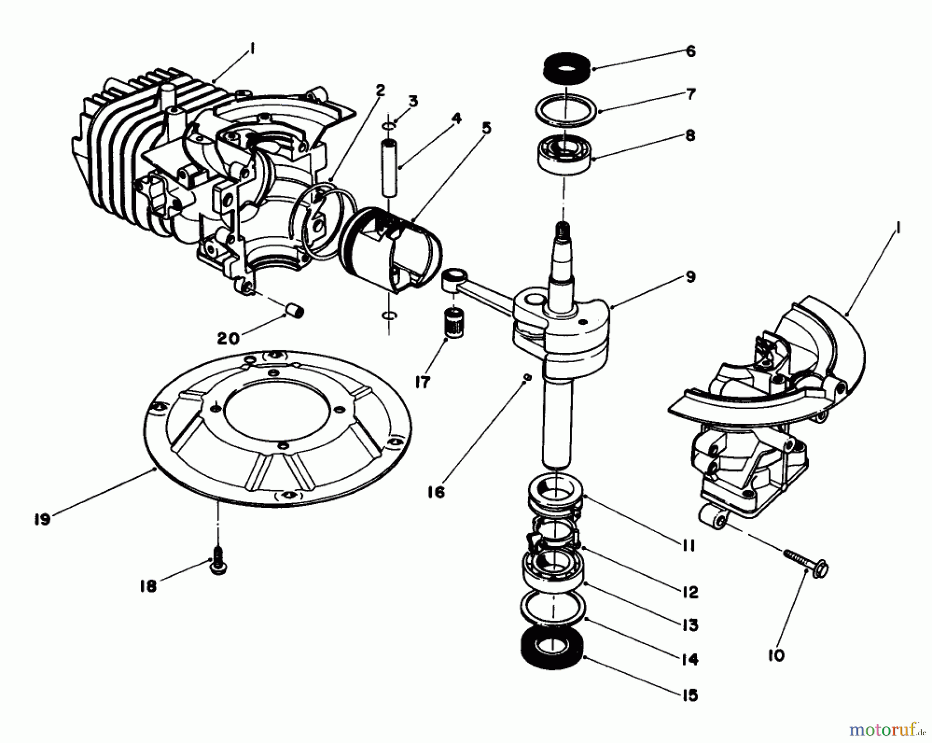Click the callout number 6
[690, 51]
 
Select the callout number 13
[690, 625]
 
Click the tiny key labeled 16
[527, 378]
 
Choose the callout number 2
[380, 90]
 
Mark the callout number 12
[690, 592]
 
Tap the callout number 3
[413, 101]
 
